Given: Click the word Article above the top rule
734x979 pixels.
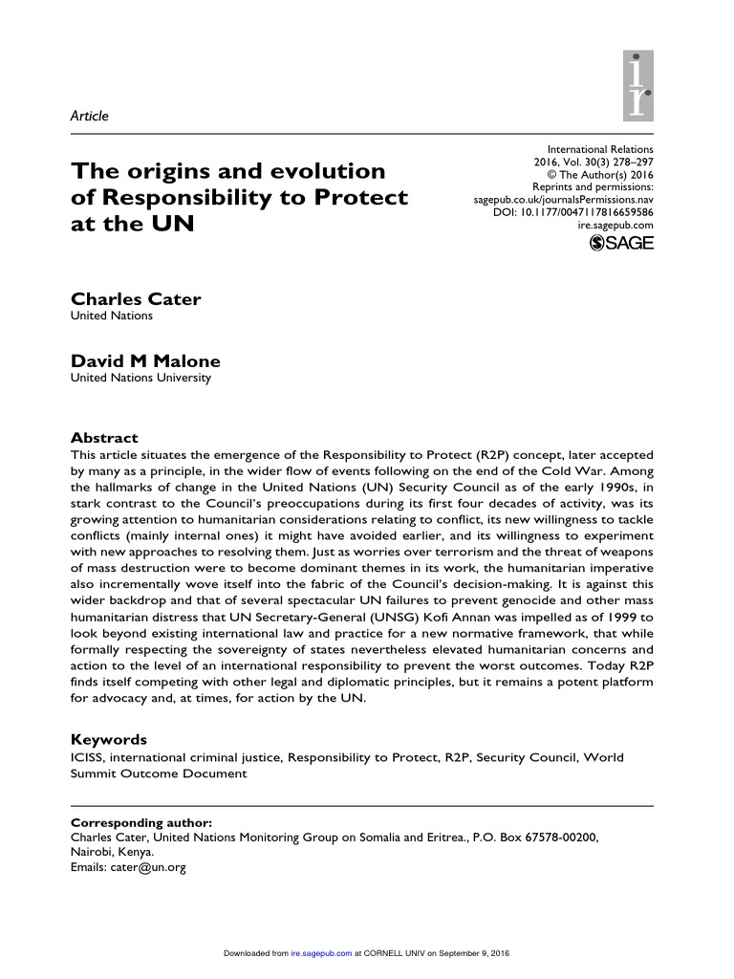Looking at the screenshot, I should [91, 116].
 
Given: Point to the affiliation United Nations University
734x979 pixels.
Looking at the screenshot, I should [141, 378].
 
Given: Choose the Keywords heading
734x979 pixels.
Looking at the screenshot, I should [110, 740].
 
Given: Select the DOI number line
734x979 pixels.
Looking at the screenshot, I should [586, 211].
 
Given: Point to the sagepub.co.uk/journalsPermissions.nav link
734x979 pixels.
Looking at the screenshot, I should [565, 199].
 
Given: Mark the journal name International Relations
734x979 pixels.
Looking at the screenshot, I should [600, 150].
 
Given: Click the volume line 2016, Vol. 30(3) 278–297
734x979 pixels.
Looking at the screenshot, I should [600, 163].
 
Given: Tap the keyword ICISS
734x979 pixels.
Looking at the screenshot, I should [89, 757].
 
